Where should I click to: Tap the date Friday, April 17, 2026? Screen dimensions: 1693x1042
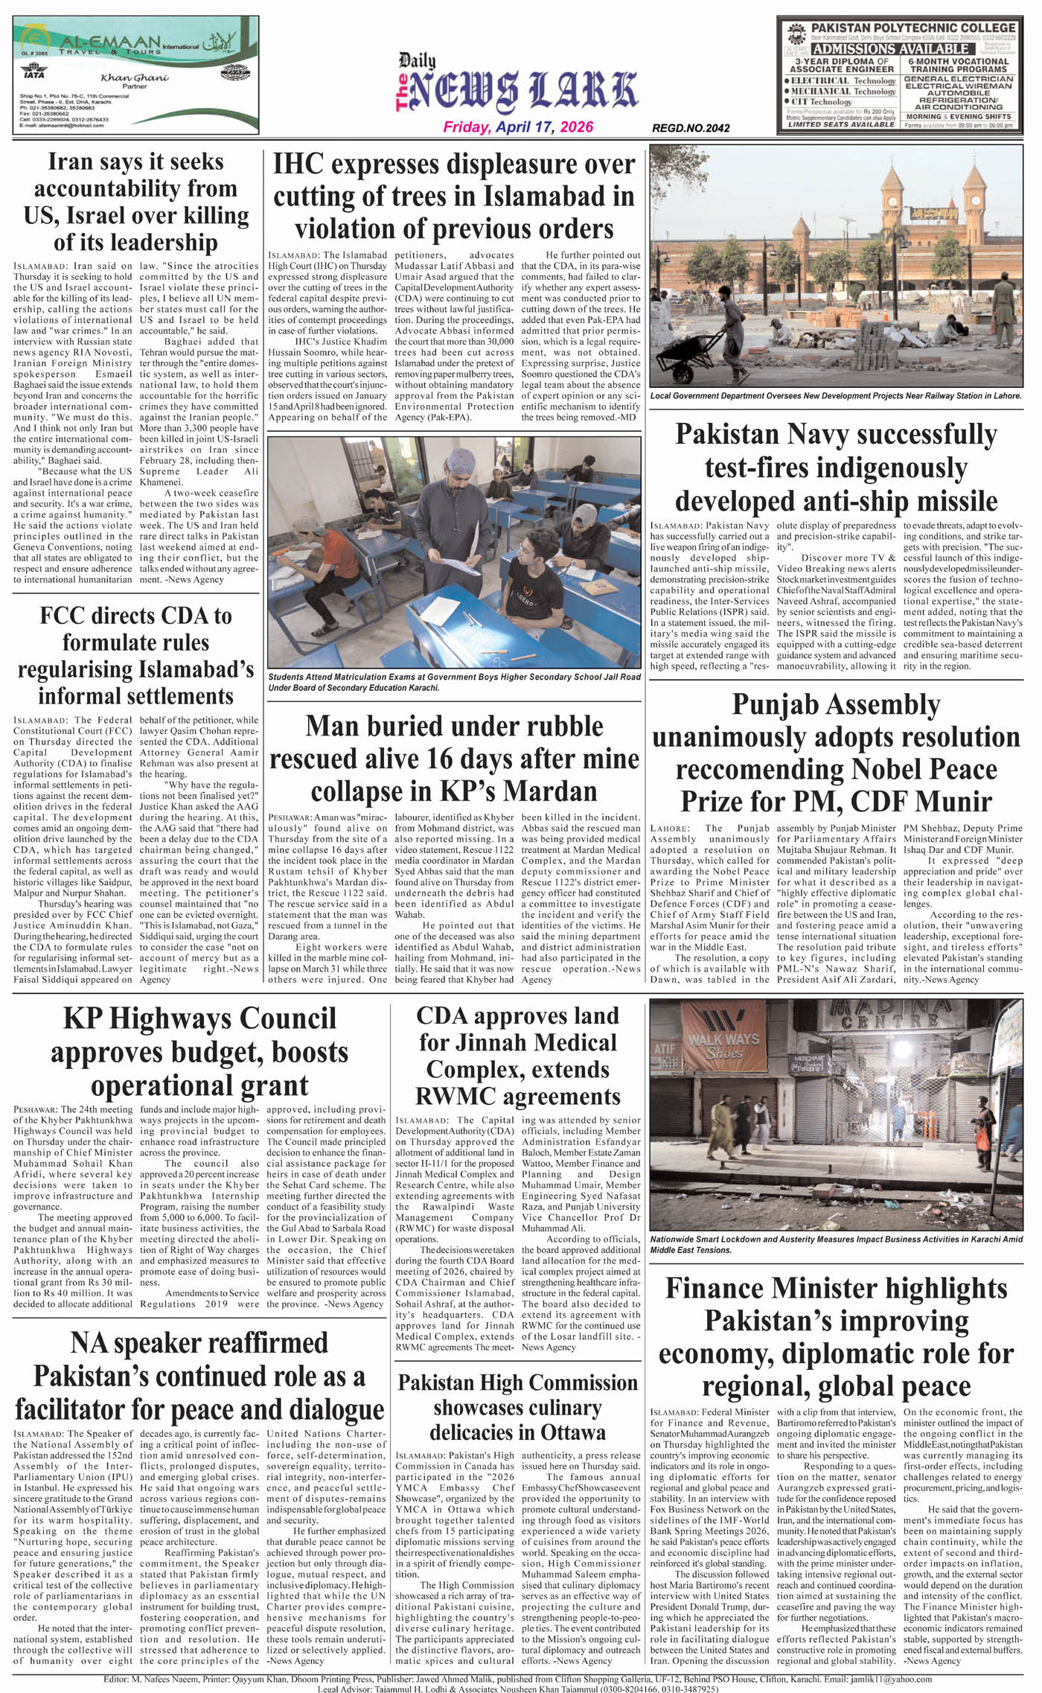point(518,127)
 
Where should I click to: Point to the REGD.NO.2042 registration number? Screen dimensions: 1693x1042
point(691,128)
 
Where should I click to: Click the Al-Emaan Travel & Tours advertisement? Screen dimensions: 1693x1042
point(135,75)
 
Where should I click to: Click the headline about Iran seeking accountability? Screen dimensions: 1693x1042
point(136,202)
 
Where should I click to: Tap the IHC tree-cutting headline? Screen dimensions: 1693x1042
point(454,196)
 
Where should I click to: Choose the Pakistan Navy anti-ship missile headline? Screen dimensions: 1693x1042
point(836,467)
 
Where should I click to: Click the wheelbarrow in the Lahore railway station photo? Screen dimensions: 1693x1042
point(687,357)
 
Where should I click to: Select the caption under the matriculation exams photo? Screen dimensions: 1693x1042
point(454,682)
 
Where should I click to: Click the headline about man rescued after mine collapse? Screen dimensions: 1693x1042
point(454,758)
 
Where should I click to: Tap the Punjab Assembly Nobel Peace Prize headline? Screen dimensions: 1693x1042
point(836,753)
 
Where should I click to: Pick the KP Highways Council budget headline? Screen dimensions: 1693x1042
point(199,1051)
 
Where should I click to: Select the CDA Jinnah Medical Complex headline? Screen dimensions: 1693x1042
point(517,1056)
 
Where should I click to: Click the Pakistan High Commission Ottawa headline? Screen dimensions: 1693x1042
point(517,1407)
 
